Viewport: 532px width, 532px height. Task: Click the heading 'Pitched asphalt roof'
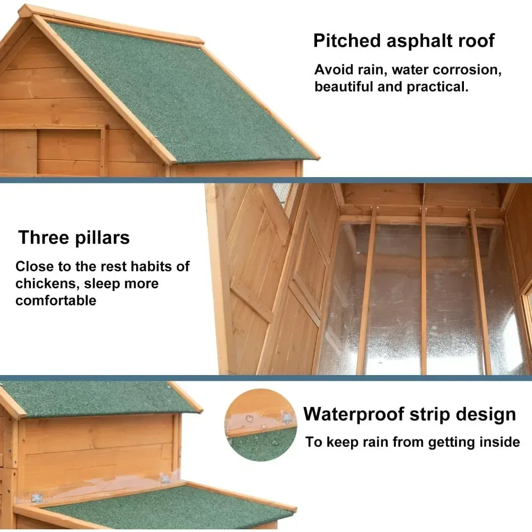(x=404, y=41)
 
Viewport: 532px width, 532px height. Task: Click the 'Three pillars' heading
(x=74, y=237)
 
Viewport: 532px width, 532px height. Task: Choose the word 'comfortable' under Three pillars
(x=56, y=301)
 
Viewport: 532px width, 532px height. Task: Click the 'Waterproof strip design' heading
(x=410, y=414)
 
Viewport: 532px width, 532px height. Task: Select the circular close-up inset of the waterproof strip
(x=261, y=425)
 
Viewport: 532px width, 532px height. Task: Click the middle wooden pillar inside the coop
(x=423, y=291)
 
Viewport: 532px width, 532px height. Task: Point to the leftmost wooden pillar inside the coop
(x=367, y=291)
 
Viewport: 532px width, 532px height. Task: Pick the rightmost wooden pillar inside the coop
(x=479, y=291)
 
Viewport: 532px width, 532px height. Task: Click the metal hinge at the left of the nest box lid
(x=37, y=498)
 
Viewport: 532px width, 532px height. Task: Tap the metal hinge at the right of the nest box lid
(x=165, y=479)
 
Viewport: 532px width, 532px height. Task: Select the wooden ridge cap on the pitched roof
(x=111, y=24)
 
